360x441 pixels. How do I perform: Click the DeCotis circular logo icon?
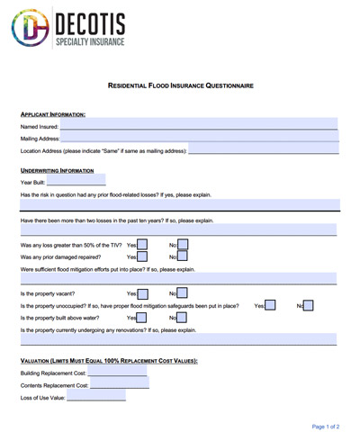click(31, 28)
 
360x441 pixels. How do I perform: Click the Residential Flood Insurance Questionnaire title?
click(180, 85)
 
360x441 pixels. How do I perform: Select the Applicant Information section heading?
click(53, 114)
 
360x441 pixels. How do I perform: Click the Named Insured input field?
click(198, 126)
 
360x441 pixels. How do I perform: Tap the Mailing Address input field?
click(199, 139)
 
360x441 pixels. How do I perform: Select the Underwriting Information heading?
click(57, 170)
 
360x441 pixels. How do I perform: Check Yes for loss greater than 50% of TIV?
click(142, 244)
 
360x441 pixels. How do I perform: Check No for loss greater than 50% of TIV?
click(183, 244)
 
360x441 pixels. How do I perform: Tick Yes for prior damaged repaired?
click(142, 256)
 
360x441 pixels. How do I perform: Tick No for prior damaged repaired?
click(183, 256)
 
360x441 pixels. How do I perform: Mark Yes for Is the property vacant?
click(142, 293)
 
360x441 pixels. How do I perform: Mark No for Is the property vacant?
click(183, 293)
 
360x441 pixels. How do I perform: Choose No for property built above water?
click(183, 318)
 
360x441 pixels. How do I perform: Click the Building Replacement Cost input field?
click(119, 373)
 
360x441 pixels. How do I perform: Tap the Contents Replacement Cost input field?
click(120, 385)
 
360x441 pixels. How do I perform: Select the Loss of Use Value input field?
click(96, 397)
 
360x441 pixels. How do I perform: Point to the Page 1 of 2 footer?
click(325, 426)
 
